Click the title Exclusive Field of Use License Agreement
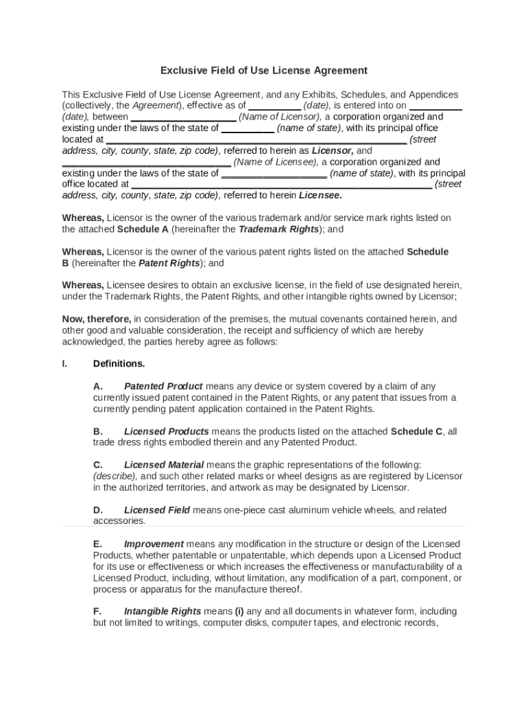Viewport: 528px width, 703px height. click(x=264, y=71)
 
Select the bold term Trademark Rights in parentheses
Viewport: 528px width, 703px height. click(x=278, y=229)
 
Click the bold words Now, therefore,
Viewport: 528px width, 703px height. click(x=97, y=319)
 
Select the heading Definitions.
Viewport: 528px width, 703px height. click(x=119, y=364)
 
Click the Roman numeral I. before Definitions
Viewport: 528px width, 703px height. click(x=64, y=364)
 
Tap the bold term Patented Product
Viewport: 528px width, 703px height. click(x=163, y=387)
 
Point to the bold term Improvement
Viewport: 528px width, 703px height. click(x=154, y=544)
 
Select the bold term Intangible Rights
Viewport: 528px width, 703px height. click(x=163, y=611)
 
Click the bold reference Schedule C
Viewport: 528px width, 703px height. click(x=416, y=432)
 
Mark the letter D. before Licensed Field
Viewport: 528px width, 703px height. click(x=98, y=510)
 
